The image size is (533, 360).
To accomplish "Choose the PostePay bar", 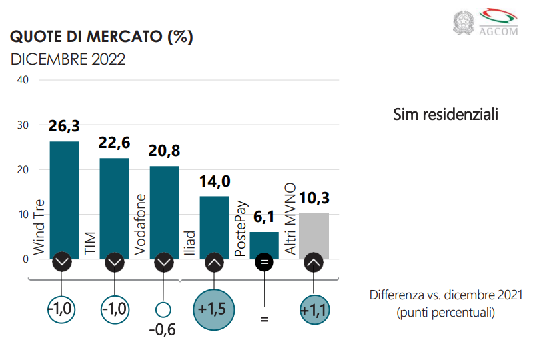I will coord(264,243).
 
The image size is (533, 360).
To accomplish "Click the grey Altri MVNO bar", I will coord(314,233).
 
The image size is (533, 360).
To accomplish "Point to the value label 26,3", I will coord(64,127).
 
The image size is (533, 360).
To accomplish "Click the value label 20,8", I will coord(164,151).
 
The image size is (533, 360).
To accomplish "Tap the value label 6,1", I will coord(264,218).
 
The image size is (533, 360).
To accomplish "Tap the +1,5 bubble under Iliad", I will coord(214,310).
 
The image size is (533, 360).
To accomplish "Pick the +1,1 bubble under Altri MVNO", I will coord(314,310).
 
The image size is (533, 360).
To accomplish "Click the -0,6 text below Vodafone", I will coord(163,329).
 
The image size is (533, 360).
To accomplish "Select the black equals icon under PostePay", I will coord(264,262).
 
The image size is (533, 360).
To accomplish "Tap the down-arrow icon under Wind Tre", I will coord(62,262).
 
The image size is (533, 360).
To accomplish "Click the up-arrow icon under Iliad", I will coord(214,262).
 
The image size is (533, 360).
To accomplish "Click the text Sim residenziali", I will coord(446,115).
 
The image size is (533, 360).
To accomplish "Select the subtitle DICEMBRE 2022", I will coord(68,59).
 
